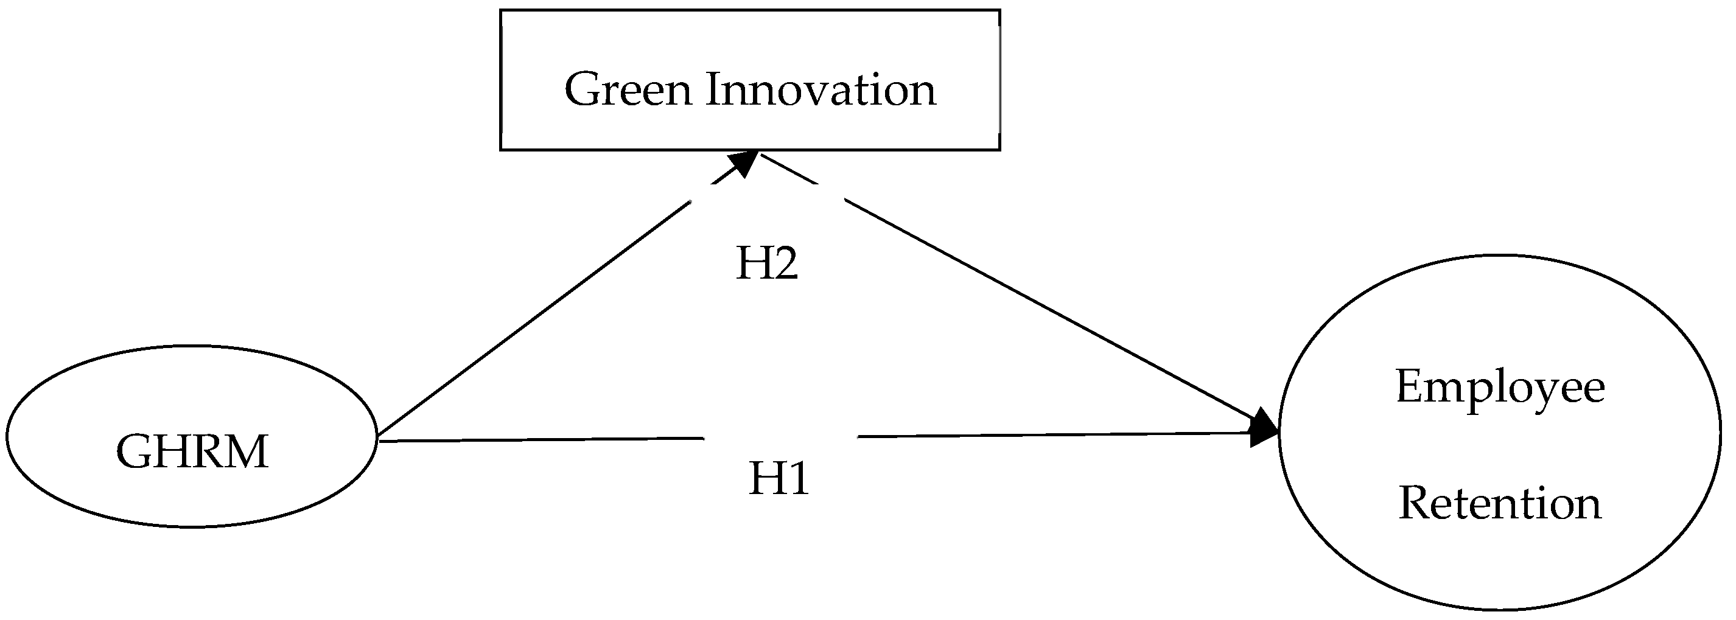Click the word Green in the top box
point(628,89)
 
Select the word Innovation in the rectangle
point(821,89)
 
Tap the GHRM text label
point(192,451)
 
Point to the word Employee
point(1500,388)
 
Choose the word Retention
point(1500,503)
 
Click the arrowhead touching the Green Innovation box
point(744,163)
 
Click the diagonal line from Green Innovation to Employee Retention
point(1045,307)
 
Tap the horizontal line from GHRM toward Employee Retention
point(539,439)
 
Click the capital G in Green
point(584,89)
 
